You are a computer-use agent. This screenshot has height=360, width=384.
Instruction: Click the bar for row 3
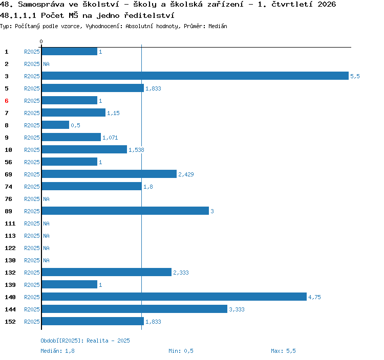pos(195,76)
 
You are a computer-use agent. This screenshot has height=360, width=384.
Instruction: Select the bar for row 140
pos(174,297)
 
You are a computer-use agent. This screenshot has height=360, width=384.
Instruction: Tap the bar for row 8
pos(55,125)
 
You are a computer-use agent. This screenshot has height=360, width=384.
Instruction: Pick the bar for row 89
pos(125,211)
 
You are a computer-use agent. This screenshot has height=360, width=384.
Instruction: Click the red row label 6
pos(7,101)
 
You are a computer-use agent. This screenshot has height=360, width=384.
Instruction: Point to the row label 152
pos(10,322)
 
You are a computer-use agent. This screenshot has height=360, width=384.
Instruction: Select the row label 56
pos(8,162)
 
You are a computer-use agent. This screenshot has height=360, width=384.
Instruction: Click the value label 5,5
pos(355,76)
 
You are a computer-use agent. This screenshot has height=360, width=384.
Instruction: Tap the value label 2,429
pos(186,174)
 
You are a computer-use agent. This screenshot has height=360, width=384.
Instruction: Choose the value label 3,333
pos(237,309)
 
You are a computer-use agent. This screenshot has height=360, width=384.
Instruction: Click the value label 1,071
pos(110,138)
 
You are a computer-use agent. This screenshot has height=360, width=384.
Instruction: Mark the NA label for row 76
pos(46,199)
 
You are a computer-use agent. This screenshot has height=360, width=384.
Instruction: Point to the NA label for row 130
pos(46,260)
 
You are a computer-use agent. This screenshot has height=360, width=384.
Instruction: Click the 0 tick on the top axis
pos(41,41)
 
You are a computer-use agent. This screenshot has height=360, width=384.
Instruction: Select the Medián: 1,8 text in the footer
pos(57,351)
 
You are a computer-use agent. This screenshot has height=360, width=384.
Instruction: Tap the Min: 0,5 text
pos(181,351)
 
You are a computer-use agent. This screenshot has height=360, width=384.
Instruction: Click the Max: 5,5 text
pos(283,351)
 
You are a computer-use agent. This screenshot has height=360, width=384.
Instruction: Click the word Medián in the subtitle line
pos(218,26)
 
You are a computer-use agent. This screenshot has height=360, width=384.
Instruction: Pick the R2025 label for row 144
pos(32,309)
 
